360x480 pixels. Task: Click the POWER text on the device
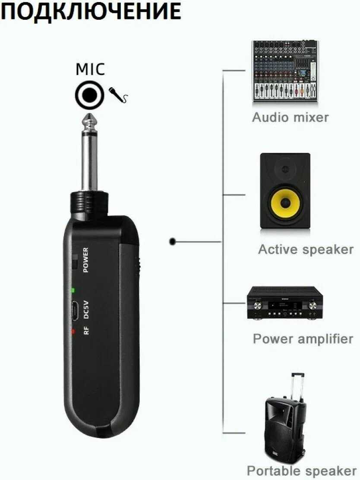pos(85,260)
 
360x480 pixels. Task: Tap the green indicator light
pos(73,290)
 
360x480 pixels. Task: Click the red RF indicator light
pos(73,331)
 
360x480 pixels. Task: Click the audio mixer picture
pos(285,71)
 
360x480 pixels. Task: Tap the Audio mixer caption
pos(290,117)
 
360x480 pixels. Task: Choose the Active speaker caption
pos(306,249)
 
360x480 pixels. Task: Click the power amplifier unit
pos(285,303)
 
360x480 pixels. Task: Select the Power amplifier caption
pos(303,339)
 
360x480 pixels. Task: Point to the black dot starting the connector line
pos(173,242)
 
